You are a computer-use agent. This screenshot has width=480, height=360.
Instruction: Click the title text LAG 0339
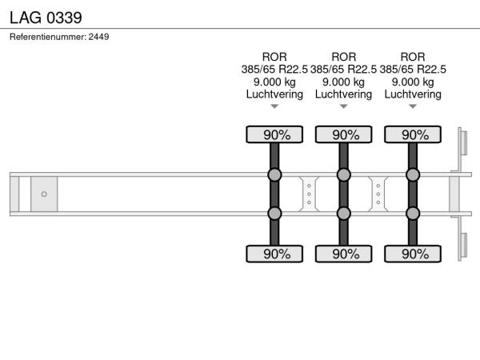click(46, 18)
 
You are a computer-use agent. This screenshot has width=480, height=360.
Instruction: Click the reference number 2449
click(98, 37)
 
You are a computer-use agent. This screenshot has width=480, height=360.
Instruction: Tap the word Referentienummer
click(48, 37)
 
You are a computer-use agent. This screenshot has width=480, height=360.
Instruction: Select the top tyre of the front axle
click(274, 134)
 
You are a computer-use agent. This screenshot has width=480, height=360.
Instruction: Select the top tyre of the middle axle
click(344, 134)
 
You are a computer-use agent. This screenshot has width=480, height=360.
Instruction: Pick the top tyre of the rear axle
click(413, 134)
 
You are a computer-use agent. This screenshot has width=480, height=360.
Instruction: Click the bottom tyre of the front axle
click(274, 254)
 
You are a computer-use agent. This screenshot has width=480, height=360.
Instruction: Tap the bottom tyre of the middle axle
click(344, 254)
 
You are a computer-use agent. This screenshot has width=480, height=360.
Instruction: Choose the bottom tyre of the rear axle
click(413, 254)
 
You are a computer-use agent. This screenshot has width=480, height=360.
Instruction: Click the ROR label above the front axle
click(274, 57)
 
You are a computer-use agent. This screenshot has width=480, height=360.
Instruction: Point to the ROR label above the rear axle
click(413, 57)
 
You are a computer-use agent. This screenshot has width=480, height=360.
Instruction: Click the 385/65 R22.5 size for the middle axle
click(343, 70)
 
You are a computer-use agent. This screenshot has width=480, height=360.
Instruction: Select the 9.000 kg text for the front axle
click(274, 82)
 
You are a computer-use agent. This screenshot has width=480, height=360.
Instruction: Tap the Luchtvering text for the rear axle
click(413, 94)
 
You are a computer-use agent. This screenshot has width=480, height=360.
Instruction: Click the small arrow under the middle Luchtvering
click(344, 106)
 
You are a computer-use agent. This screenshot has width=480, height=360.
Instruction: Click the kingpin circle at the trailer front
click(44, 194)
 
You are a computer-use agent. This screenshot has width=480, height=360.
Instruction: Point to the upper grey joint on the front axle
click(274, 174)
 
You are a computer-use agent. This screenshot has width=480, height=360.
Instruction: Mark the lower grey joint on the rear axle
click(413, 214)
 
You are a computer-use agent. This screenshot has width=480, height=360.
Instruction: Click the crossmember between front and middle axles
click(309, 194)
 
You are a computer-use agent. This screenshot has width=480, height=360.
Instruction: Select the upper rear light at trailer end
click(464, 143)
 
